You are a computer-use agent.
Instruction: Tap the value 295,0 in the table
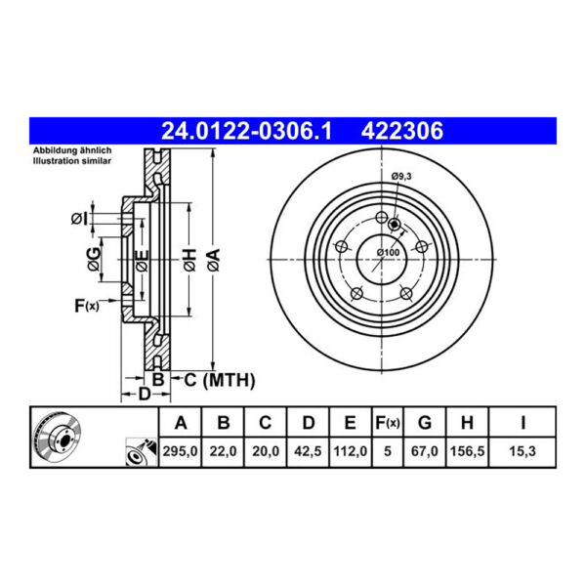(181, 452)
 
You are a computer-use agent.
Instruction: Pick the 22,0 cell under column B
(223, 452)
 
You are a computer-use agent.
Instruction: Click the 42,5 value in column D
(308, 452)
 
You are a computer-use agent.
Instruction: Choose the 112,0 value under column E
(349, 452)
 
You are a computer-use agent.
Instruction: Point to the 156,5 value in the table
(467, 452)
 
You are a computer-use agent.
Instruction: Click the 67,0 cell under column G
(424, 452)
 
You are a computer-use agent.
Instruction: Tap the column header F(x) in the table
(387, 423)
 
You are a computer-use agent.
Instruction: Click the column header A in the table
(181, 423)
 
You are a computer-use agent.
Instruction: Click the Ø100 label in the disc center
(389, 254)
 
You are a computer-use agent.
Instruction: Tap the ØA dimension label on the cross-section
(212, 259)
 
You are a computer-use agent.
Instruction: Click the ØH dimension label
(189, 259)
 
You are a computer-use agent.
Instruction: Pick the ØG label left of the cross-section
(92, 259)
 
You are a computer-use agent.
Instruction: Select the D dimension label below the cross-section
(143, 394)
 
